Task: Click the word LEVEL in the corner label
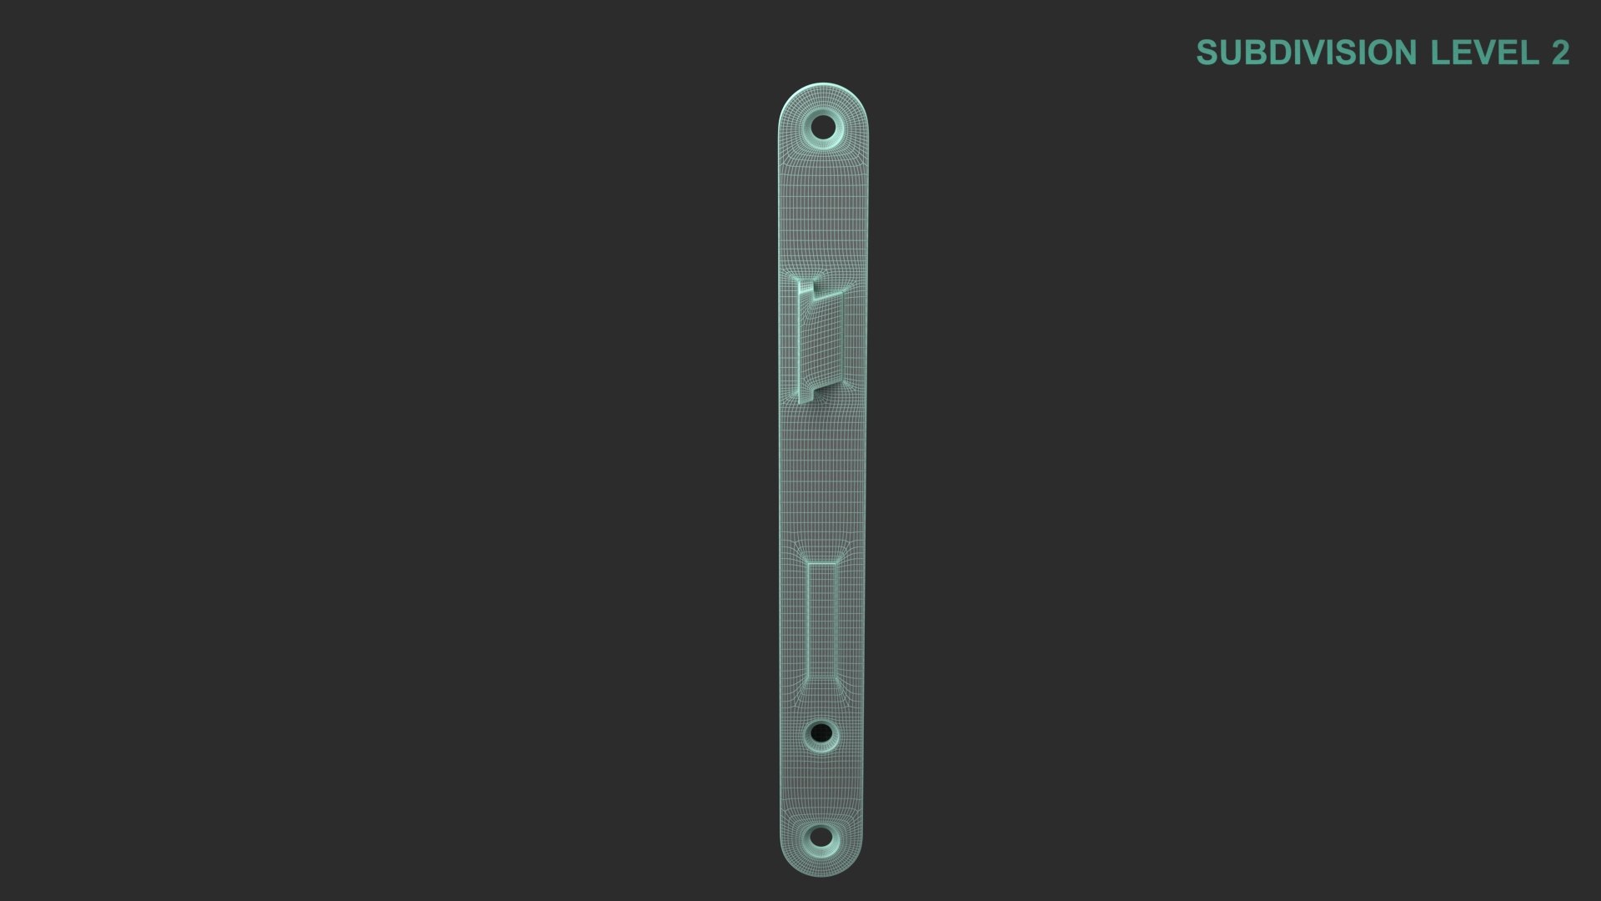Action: point(1485,53)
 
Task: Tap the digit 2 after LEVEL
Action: point(1560,53)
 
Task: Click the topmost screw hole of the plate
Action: point(823,128)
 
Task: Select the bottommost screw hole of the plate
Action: point(821,837)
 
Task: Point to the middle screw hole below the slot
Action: point(821,734)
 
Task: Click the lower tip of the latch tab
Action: point(806,396)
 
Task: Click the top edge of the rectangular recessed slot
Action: point(821,561)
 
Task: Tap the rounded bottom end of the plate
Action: point(821,869)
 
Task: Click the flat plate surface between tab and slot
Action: point(822,476)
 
